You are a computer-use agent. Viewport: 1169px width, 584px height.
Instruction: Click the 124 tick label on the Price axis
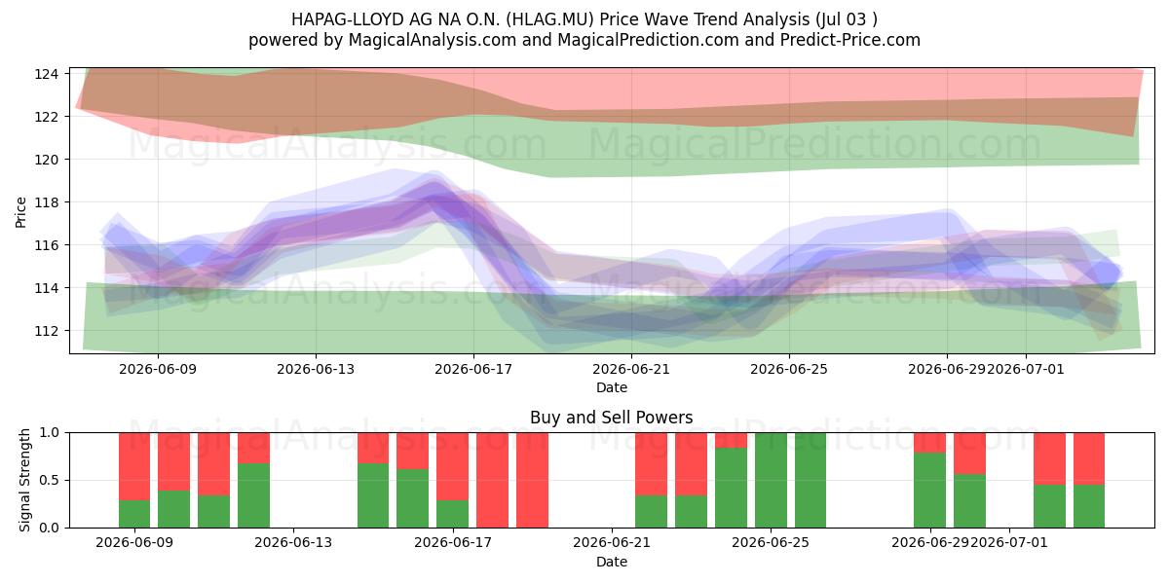click(46, 74)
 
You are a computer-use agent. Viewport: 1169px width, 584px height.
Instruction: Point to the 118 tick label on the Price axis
click(46, 202)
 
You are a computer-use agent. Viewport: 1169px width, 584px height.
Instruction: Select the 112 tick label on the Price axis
click(46, 331)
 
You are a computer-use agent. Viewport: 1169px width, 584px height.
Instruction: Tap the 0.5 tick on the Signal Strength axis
click(49, 480)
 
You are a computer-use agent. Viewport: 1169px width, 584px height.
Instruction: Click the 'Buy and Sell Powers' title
click(611, 418)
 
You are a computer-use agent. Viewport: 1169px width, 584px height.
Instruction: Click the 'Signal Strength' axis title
click(24, 480)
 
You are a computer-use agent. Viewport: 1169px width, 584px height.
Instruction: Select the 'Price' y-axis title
click(20, 212)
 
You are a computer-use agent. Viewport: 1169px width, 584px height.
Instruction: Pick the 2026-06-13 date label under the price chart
click(316, 369)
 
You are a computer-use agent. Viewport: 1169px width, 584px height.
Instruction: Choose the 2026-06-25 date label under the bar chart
click(771, 542)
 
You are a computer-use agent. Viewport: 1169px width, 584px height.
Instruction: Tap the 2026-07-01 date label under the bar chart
click(1008, 542)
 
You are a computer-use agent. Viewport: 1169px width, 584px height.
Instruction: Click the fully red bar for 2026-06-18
click(492, 480)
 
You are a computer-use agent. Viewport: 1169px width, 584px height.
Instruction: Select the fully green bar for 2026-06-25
click(771, 480)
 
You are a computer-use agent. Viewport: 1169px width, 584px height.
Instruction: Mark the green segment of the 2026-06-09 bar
click(134, 514)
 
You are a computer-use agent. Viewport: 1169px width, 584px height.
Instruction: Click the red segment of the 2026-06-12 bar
click(253, 448)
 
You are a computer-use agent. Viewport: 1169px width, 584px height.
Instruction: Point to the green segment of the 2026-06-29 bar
click(929, 491)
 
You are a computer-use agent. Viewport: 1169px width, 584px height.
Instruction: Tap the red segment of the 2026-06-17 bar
click(452, 466)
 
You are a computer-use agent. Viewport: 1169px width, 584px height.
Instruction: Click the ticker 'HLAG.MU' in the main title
click(552, 19)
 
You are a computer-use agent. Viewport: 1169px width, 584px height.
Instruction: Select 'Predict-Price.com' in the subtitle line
click(850, 40)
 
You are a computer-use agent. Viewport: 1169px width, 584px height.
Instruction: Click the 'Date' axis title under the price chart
click(612, 387)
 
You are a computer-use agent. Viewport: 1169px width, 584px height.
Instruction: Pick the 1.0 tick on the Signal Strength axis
click(49, 433)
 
